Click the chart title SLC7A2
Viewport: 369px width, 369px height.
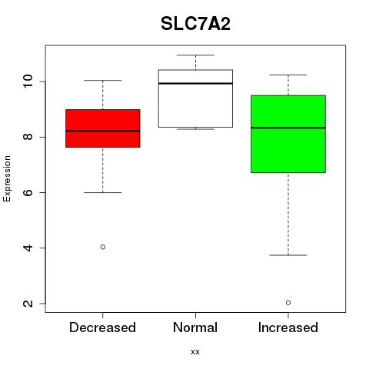[x=195, y=24]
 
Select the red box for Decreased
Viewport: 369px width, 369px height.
[x=103, y=128]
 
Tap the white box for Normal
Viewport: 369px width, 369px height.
[x=195, y=98]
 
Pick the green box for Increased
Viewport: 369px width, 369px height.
[x=288, y=134]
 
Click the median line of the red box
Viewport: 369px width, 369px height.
[x=103, y=131]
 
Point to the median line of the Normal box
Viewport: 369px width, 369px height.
[x=195, y=83]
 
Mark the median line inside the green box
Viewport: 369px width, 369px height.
[x=288, y=128]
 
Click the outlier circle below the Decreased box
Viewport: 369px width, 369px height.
[x=103, y=247]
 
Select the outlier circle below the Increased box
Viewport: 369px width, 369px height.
[x=288, y=303]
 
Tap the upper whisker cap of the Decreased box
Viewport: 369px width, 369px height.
[x=103, y=81]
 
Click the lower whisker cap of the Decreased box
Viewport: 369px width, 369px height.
[x=103, y=192]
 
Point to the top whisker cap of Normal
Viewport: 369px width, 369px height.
[x=195, y=55]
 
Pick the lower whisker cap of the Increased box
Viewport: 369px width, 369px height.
[x=288, y=255]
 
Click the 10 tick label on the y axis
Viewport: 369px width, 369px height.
[x=28, y=81]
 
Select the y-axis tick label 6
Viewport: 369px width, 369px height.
[x=28, y=192]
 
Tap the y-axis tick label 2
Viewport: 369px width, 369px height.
[x=28, y=304]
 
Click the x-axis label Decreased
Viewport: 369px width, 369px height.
[x=102, y=327]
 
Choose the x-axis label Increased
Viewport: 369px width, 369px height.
[x=288, y=327]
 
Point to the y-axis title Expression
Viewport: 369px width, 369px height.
[x=7, y=178]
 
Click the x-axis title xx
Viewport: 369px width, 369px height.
[x=195, y=352]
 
